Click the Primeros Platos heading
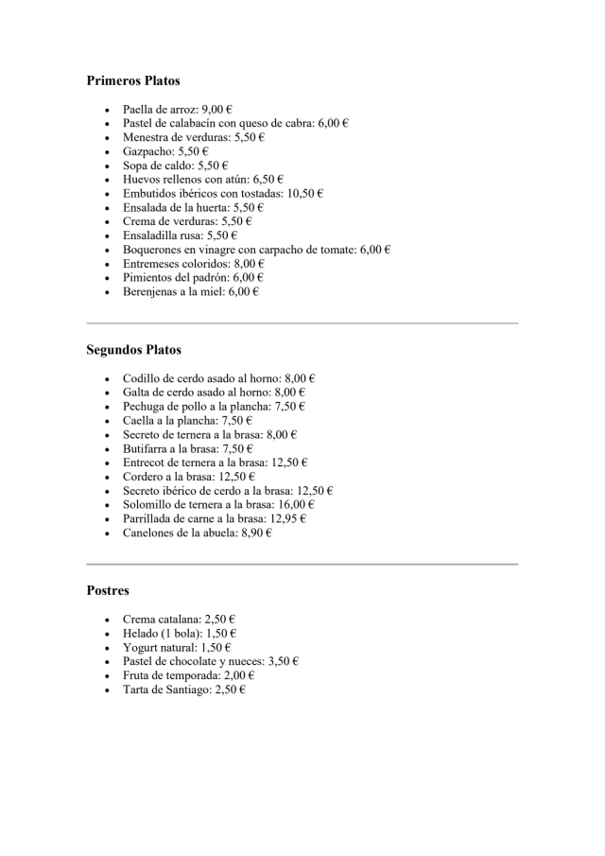click(x=133, y=81)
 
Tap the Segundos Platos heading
click(x=133, y=350)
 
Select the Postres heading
click(x=108, y=590)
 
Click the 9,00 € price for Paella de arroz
click(x=217, y=109)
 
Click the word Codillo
click(x=143, y=377)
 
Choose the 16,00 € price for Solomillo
click(x=296, y=505)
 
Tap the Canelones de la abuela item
click(x=180, y=533)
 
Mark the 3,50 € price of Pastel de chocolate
click(x=284, y=661)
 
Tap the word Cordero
click(x=145, y=477)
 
